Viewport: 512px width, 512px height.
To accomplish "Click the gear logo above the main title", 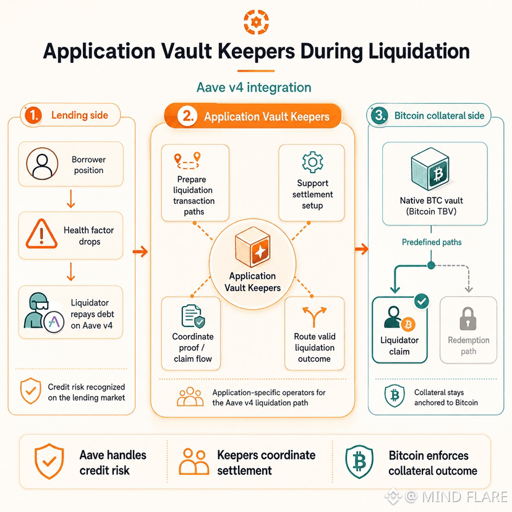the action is tap(257, 22).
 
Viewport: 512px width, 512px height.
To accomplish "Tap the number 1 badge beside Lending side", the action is tap(33, 115).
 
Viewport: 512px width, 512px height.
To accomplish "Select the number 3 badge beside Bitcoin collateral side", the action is tap(380, 115).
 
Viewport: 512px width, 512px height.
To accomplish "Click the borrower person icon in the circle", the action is tap(42, 164).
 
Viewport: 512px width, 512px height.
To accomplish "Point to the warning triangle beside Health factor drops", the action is tap(41, 234).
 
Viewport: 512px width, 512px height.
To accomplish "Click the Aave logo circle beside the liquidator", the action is tap(54, 322).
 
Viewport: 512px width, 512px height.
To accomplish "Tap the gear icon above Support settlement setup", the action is tap(312, 162).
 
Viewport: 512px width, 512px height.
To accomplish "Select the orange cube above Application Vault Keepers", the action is tap(252, 247).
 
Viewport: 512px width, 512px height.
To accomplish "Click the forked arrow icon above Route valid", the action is tap(314, 317).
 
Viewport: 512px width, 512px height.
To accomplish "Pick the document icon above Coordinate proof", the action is tap(193, 316).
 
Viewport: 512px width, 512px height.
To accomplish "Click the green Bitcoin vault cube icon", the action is tap(430, 169).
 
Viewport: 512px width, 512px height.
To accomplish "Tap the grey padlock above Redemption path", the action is tap(468, 318).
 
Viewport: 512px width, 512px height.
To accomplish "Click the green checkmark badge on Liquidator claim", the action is tap(422, 301).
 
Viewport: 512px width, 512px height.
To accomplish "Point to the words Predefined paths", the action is tap(432, 242).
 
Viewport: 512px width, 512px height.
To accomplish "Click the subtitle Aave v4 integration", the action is tap(254, 88).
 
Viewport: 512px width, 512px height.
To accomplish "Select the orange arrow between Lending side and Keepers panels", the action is tap(140, 252).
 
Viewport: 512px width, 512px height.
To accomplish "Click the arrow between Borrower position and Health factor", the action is tap(71, 199).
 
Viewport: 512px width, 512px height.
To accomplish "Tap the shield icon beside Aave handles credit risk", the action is tap(49, 461).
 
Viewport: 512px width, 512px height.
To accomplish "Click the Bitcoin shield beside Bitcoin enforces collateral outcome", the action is tap(359, 462).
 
